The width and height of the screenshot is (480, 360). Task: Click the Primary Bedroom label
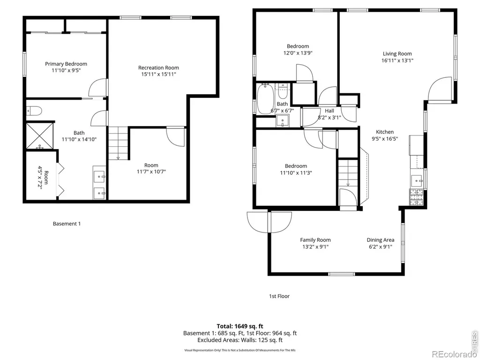(66, 64)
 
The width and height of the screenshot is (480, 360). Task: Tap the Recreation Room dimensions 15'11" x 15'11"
(158, 74)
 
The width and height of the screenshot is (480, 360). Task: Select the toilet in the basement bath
(34, 111)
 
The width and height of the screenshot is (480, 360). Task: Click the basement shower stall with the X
(39, 136)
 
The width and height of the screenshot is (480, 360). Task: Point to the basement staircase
(118, 143)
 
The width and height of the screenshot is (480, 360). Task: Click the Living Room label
(397, 53)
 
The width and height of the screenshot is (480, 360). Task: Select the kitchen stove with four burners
(416, 197)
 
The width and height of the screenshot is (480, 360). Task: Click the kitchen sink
(417, 180)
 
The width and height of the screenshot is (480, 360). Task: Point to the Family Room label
(315, 240)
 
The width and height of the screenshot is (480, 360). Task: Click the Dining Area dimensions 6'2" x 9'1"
(381, 247)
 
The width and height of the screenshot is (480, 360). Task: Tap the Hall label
(330, 111)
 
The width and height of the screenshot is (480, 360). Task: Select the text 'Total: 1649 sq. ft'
(240, 326)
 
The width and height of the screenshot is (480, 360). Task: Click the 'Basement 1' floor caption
(67, 224)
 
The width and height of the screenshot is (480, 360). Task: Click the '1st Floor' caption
(279, 296)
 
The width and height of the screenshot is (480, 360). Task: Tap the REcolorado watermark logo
(452, 354)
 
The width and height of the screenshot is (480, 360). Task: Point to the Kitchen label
(385, 132)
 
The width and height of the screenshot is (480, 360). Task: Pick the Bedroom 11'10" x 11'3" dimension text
(296, 172)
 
